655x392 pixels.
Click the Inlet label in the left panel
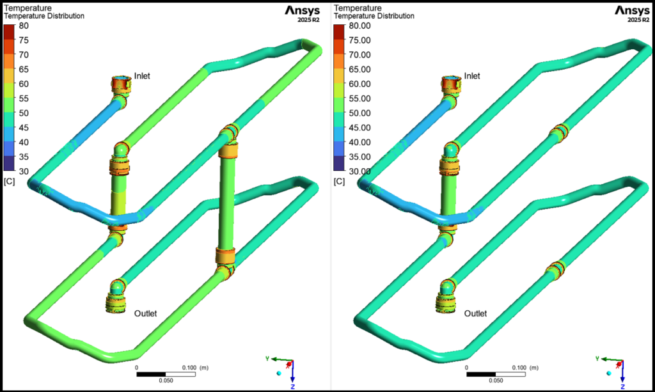[141, 76]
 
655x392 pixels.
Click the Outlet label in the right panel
[475, 313]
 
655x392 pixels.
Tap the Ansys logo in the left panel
[303, 10]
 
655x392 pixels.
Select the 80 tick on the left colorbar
[24, 26]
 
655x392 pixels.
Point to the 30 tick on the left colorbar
[24, 171]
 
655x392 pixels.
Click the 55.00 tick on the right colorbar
[359, 98]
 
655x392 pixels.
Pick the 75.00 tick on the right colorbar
[359, 40]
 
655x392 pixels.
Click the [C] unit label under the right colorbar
[339, 182]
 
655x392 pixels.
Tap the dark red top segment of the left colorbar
[10, 29]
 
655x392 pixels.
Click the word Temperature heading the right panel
[358, 8]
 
